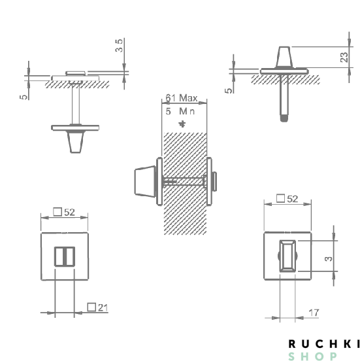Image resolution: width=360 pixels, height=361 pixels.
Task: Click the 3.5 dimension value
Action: pyautogui.click(x=118, y=46)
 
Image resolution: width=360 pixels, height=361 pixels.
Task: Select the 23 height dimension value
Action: pyautogui.click(x=344, y=57)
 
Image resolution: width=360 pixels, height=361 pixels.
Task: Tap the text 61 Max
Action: pyautogui.click(x=182, y=97)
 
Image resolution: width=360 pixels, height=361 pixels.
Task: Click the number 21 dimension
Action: pyautogui.click(x=103, y=307)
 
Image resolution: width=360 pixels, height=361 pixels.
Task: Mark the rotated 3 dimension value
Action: pyautogui.click(x=329, y=258)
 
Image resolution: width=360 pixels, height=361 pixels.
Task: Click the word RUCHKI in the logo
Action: pyautogui.click(x=323, y=343)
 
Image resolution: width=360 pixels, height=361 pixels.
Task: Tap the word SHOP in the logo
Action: pyautogui.click(x=313, y=356)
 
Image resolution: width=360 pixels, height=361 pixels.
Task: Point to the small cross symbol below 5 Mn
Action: pyautogui.click(x=182, y=124)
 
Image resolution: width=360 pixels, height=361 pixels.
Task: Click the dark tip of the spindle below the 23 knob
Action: pyautogui.click(x=284, y=118)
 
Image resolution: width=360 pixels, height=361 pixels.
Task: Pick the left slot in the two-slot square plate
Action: pyautogui.click(x=59, y=256)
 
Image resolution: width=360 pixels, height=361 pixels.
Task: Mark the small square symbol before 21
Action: pyautogui.click(x=91, y=307)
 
